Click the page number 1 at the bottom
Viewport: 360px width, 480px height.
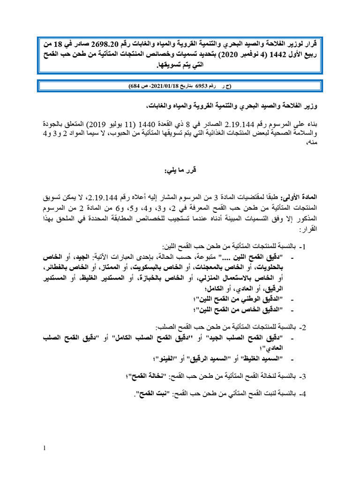click(x=44, y=448)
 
